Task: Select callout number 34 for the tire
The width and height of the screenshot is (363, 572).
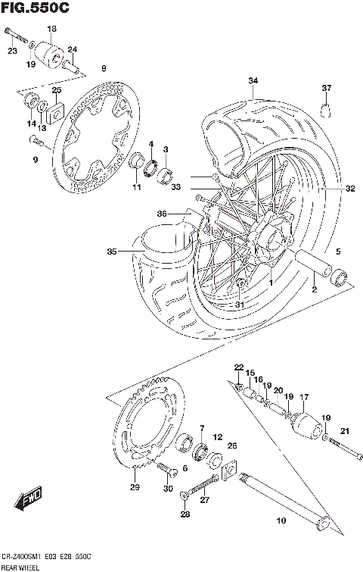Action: pos(252,81)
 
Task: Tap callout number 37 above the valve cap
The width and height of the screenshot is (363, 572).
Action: pos(327,89)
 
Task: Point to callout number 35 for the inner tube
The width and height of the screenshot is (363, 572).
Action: pos(113,251)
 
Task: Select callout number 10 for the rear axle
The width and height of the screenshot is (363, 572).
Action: pos(281,520)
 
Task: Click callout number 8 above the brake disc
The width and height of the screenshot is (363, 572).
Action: pos(103,69)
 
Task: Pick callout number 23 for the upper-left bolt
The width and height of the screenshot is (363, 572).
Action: pos(11,51)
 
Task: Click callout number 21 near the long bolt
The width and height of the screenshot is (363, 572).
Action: pos(346,432)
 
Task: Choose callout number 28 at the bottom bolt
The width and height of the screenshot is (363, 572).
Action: pos(185,516)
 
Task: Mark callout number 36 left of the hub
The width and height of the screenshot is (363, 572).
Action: pos(161,214)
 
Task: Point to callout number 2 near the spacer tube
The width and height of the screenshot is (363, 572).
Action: pos(313,289)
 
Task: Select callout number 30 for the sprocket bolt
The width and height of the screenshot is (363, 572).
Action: pos(167,489)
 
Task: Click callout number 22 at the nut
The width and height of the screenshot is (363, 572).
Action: pos(238,367)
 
